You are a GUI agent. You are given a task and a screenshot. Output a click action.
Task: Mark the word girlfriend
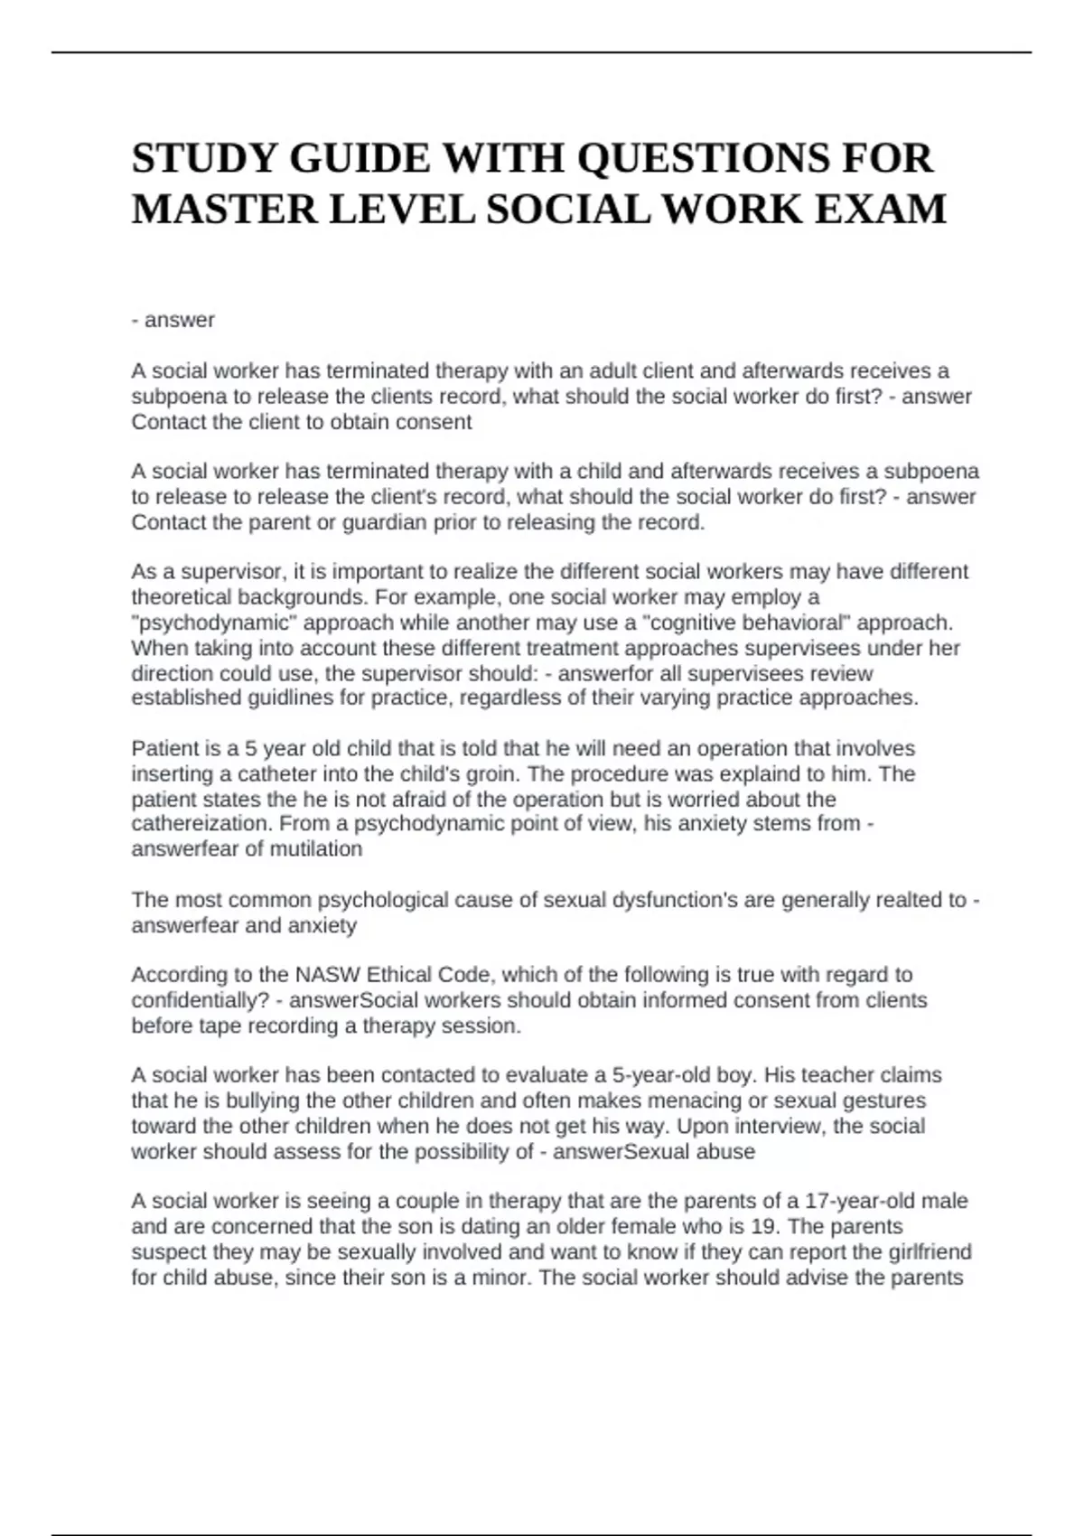click(926, 1252)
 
